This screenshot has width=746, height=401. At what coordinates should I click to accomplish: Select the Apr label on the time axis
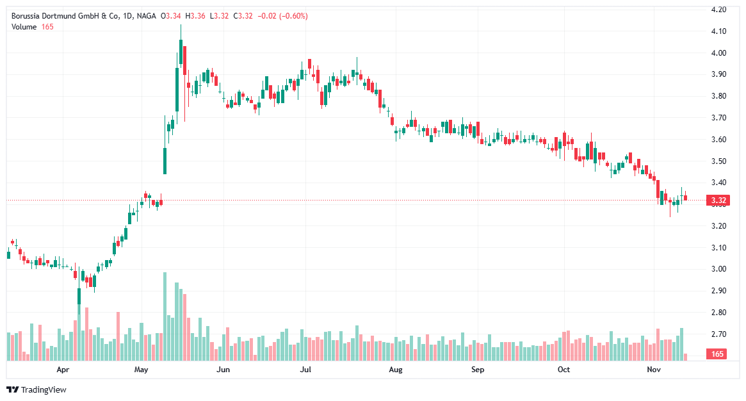pos(63,370)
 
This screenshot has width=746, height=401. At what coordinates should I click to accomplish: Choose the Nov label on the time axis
pos(653,370)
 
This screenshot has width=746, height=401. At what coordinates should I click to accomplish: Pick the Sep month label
pos(477,370)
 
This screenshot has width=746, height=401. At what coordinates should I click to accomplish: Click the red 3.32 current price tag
pos(717,201)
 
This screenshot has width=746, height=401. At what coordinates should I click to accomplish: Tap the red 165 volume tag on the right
pos(717,354)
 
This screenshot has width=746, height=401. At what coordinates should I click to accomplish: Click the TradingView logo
pos(36,389)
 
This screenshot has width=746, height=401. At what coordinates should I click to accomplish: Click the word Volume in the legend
pos(24,26)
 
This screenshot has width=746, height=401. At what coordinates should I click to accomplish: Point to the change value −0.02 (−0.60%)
pos(282,16)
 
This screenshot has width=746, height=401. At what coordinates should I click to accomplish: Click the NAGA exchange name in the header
pos(147,16)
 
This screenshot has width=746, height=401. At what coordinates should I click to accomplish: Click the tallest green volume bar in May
pos(165,316)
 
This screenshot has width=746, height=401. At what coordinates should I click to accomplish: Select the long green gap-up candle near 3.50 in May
pos(165,161)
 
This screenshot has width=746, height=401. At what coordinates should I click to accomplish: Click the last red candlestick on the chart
pos(685,197)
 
